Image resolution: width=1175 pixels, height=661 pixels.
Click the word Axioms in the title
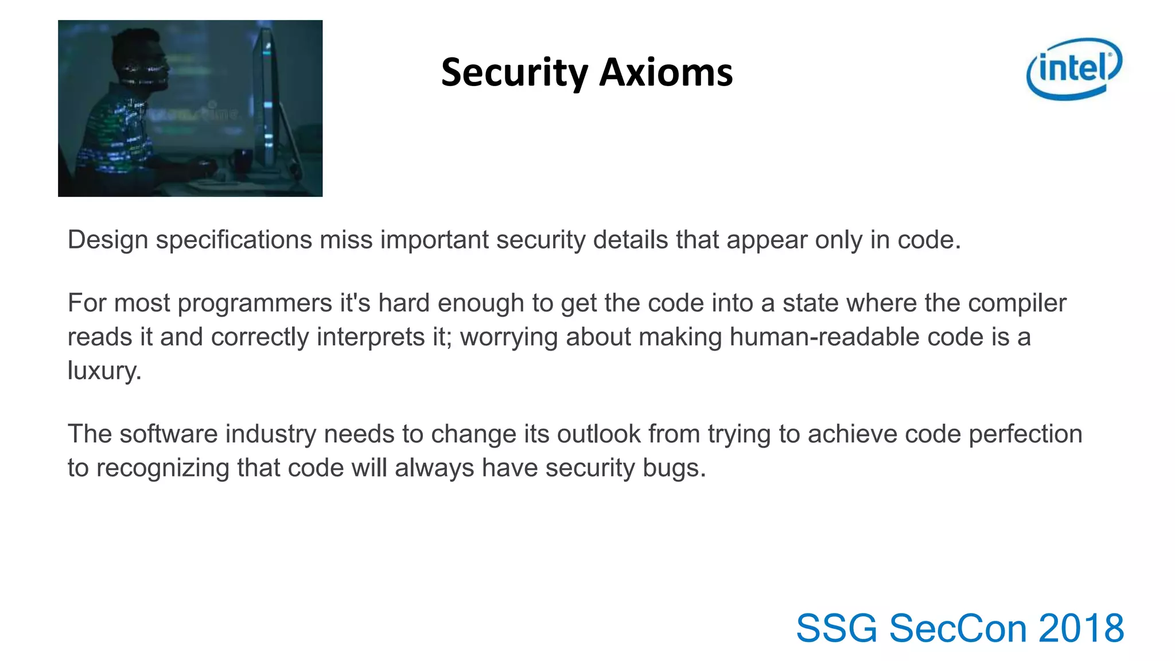[666, 73]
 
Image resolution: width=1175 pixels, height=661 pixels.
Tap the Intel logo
[1074, 68]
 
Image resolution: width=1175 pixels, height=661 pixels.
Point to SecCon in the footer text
[958, 628]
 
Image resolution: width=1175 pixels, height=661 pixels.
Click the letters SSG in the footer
[836, 628]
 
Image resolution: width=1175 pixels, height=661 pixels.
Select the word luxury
[104, 371]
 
